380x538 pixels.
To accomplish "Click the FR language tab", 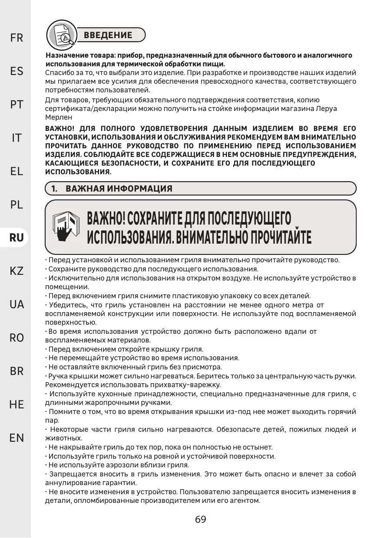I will (x=17, y=38).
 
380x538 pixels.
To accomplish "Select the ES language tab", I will (x=17, y=71).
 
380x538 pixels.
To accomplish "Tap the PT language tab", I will (x=17, y=104).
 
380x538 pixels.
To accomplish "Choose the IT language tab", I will (x=17, y=138).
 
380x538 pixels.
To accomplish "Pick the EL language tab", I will (x=17, y=171).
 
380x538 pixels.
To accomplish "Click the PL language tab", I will (x=17, y=205).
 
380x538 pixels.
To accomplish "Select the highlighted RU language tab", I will (x=17, y=238).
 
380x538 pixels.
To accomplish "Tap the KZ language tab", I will (x=17, y=271).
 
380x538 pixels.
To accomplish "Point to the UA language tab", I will (x=17, y=304).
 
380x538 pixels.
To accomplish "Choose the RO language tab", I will (x=17, y=338).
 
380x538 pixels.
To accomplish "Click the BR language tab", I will (x=17, y=371).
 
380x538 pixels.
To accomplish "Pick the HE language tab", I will (x=17, y=404).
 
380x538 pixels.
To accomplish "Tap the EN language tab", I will (x=17, y=438).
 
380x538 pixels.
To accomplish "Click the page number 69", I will (x=201, y=519).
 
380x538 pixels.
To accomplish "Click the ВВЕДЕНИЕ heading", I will (x=108, y=35).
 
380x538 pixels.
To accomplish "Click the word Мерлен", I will (x=56, y=117).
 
